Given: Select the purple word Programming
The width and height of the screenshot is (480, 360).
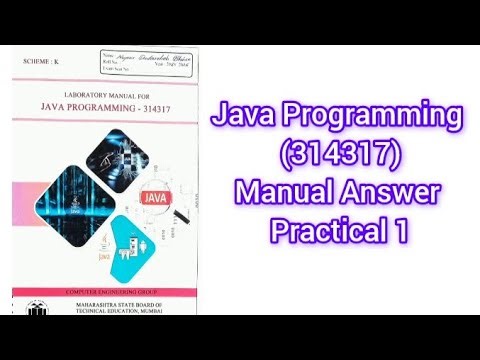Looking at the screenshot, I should (x=369, y=122).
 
